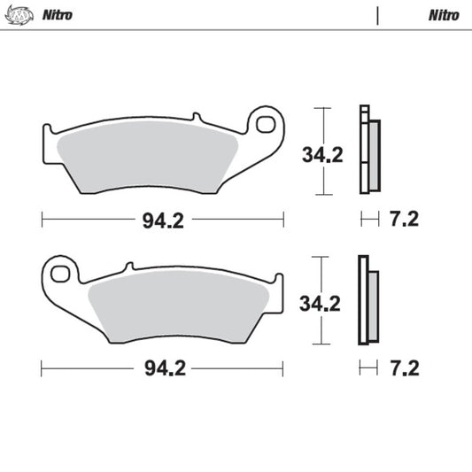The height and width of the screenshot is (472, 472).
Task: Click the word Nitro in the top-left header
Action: pyautogui.click(x=56, y=15)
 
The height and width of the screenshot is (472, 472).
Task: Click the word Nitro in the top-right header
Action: pyautogui.click(x=443, y=15)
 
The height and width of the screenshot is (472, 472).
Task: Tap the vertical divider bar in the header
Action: pyautogui.click(x=378, y=15)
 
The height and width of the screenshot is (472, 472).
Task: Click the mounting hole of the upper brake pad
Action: pyautogui.click(x=266, y=123)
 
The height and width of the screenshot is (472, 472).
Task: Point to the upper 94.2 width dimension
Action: pyautogui.click(x=163, y=221)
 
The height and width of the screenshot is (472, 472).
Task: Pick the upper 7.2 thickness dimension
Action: pyautogui.click(x=403, y=221)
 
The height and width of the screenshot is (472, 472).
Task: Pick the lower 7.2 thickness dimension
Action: pyautogui.click(x=403, y=367)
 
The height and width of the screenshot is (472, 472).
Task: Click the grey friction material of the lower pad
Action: pyautogui.click(x=182, y=306)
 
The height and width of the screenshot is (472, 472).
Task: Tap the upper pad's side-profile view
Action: pyautogui.click(x=368, y=151)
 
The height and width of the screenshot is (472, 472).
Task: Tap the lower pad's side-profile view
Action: pyautogui.click(x=368, y=301)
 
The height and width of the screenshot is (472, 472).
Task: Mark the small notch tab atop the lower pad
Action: pyautogui.click(x=128, y=265)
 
